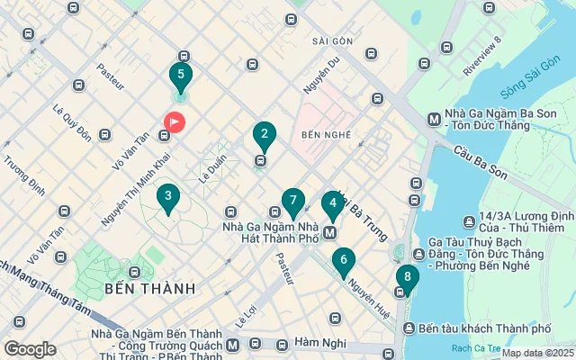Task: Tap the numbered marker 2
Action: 264,136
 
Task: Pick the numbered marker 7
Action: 292,202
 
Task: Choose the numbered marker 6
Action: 343,263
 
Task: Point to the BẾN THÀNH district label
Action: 149,289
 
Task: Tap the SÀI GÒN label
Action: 332,41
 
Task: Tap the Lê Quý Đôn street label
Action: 72,121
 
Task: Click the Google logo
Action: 30,349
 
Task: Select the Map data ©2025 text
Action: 536,353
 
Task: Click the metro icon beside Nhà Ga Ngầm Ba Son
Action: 434,118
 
